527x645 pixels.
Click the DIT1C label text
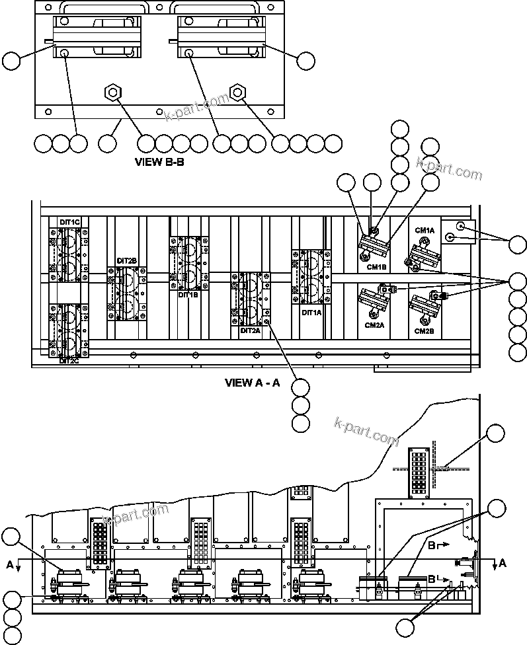point(69,221)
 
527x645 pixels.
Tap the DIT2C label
point(69,361)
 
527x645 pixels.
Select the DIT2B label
point(126,261)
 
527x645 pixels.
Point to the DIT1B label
point(188,295)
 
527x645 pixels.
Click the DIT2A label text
point(251,330)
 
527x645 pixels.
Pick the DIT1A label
point(311,313)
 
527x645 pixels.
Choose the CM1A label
point(425,230)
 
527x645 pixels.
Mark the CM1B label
point(376,267)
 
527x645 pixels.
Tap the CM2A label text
point(374,325)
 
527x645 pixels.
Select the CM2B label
point(425,330)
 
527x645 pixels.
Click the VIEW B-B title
point(159,161)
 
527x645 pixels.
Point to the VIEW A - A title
point(253,382)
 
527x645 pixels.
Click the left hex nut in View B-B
point(112,91)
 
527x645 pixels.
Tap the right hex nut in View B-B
point(236,91)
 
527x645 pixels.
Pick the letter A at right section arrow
point(503,563)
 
